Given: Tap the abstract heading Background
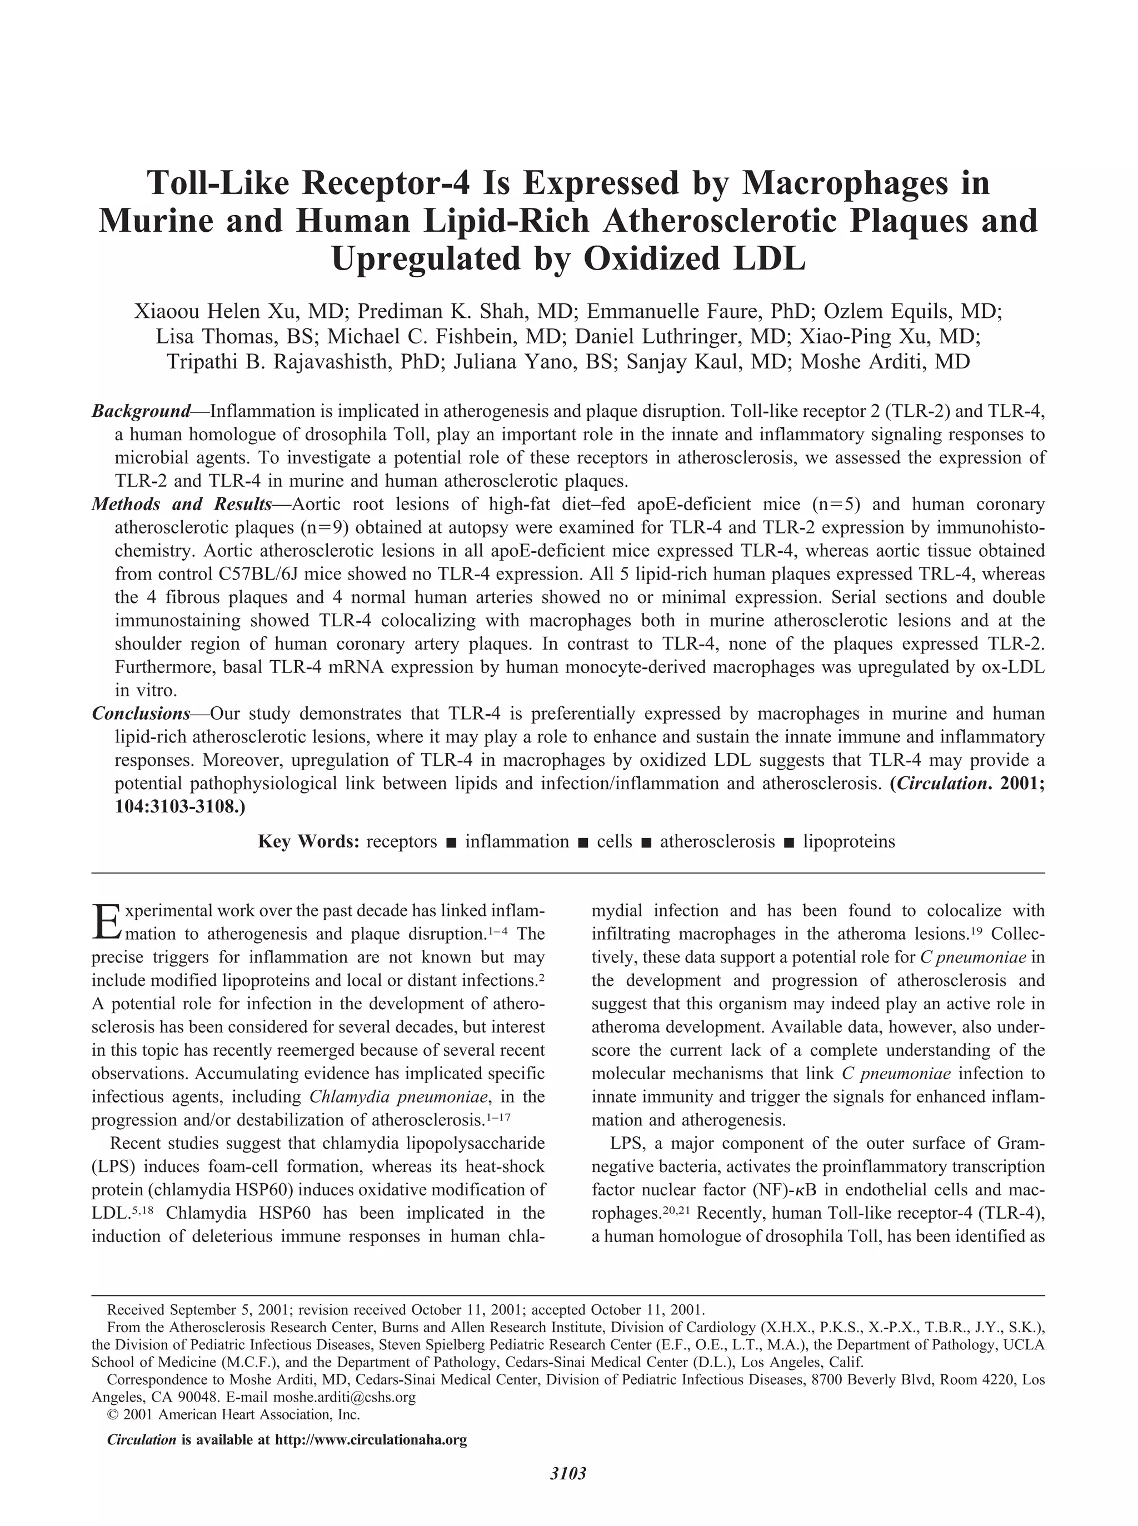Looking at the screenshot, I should click(x=141, y=411).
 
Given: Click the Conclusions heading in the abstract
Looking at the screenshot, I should click(x=141, y=713).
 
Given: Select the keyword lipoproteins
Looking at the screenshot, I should click(x=848, y=841).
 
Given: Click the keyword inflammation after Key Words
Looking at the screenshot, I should click(x=517, y=841).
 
